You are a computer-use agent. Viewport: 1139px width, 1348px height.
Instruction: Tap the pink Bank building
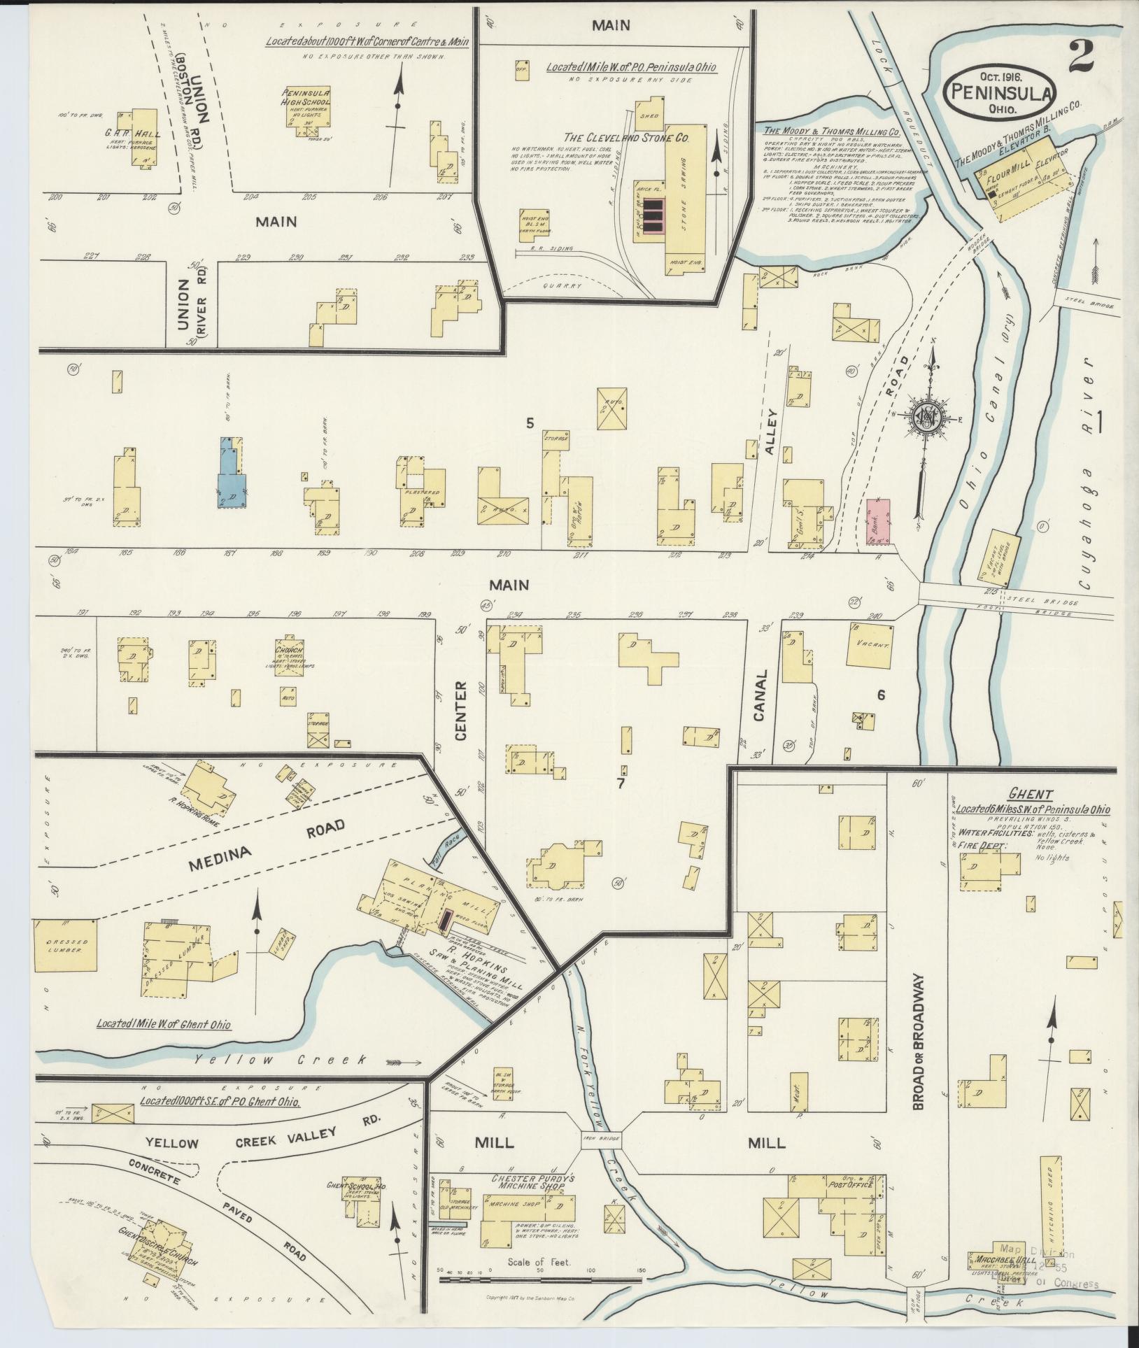(877, 522)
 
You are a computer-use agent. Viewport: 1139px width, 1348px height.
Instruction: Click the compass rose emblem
(928, 418)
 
